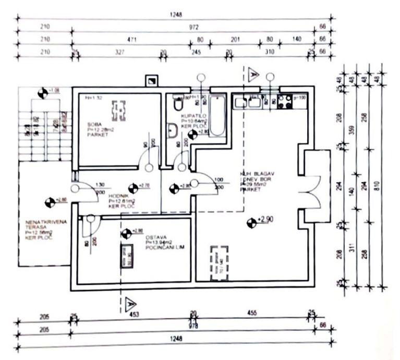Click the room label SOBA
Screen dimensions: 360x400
coord(94,124)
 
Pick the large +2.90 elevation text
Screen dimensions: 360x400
coord(265,220)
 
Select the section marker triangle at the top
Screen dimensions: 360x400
coord(253,73)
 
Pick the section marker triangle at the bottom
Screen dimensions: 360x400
coord(130,303)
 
